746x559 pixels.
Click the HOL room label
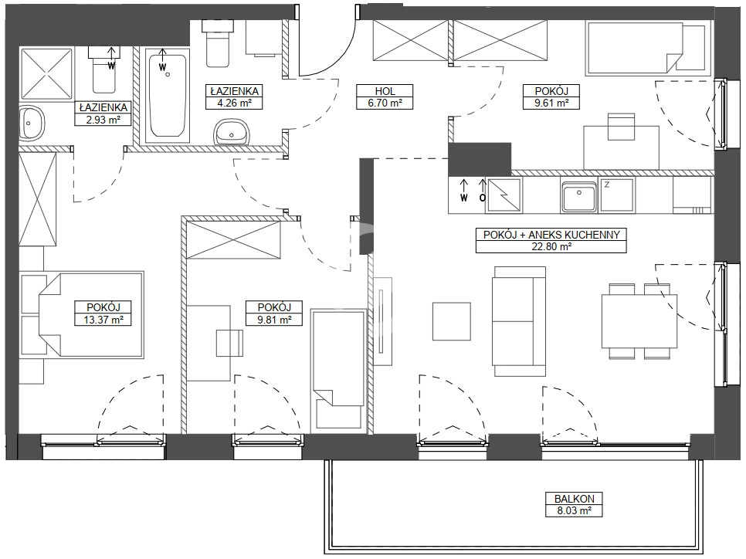[x=385, y=91]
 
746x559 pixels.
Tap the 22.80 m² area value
[x=551, y=246]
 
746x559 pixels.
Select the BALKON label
[x=575, y=499]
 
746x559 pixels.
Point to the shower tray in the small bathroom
[x=46, y=74]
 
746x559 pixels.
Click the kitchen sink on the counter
[x=578, y=195]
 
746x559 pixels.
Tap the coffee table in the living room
[x=452, y=321]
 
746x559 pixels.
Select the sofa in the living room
[x=519, y=321]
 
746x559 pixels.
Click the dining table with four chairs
[x=639, y=321]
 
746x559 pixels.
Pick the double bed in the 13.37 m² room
[x=82, y=315]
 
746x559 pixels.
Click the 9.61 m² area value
[x=551, y=103]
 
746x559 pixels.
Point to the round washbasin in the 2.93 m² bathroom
[x=32, y=123]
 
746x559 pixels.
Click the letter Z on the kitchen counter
[x=606, y=185]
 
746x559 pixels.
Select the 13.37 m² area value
[x=103, y=320]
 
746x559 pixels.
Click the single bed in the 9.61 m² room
[x=646, y=48]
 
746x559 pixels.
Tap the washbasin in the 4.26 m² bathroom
[x=232, y=132]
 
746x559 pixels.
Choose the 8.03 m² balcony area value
[x=575, y=511]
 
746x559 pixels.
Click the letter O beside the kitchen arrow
[x=483, y=198]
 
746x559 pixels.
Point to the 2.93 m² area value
[x=103, y=120]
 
